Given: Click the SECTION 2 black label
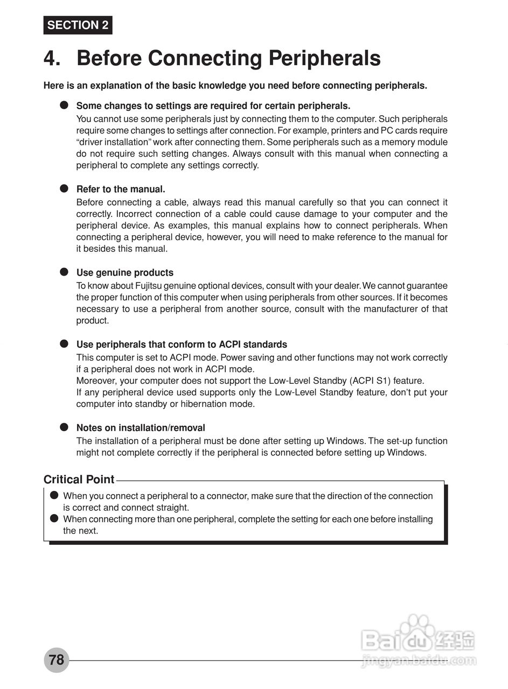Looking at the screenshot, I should [x=78, y=25].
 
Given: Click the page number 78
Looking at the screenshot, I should [x=57, y=660].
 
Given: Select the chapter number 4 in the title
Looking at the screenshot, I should [x=52, y=58].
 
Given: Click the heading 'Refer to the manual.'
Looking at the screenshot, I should [x=121, y=189].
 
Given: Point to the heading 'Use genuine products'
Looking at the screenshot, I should [x=125, y=272].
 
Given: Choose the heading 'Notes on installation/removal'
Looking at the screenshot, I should [x=141, y=428].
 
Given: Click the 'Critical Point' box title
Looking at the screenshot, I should [x=79, y=480].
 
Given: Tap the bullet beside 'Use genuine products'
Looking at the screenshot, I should [x=64, y=272].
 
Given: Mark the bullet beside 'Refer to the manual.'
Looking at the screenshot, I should [x=64, y=188].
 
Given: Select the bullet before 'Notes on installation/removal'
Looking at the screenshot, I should [x=64, y=427].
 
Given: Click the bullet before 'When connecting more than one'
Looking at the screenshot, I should [x=54, y=519].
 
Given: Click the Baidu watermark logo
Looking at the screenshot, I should [x=418, y=641].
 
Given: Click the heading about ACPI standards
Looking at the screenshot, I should [x=182, y=344].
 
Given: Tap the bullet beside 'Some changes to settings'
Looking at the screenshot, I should [x=64, y=105].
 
